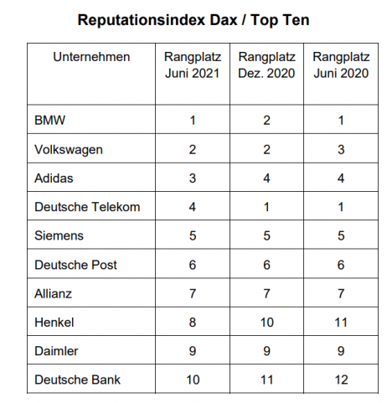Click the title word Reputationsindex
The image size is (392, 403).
click(157, 20)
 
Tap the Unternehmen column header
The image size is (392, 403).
click(91, 57)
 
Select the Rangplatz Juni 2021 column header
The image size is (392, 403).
click(193, 65)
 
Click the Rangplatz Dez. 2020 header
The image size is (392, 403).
click(266, 65)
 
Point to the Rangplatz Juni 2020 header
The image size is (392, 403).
click(341, 65)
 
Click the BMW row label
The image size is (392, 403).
click(49, 121)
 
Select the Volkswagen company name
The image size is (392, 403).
click(69, 150)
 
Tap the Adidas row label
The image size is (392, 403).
click(54, 178)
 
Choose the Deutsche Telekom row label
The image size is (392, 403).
click(87, 207)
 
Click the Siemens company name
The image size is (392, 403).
click(59, 235)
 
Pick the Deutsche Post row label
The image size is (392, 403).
click(75, 265)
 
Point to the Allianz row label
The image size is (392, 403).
click(53, 294)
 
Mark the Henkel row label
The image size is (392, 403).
click(54, 323)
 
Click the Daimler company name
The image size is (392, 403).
click(56, 351)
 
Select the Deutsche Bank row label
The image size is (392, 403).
click(77, 380)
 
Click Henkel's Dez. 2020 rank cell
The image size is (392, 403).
click(267, 323)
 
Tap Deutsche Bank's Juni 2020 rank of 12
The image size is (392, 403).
click(341, 380)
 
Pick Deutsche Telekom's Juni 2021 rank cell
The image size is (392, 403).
click(193, 207)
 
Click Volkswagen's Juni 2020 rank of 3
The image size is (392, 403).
click(341, 150)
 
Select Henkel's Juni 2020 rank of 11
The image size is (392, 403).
click(341, 323)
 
